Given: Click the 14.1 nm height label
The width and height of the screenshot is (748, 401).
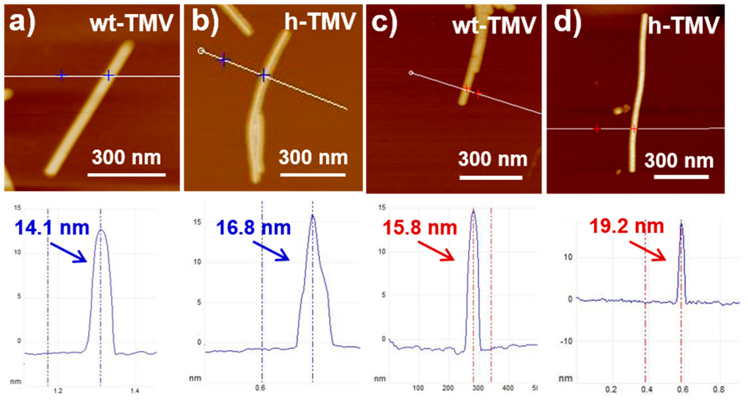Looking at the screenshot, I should [52, 228].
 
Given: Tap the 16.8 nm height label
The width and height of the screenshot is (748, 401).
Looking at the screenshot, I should [253, 228].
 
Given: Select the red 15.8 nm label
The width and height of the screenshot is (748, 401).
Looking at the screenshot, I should [420, 228].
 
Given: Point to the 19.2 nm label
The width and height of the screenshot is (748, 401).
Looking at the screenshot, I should [626, 226].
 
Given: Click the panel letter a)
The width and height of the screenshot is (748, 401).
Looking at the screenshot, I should [22, 22].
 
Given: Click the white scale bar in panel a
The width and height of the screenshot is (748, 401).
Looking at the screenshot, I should [127, 175].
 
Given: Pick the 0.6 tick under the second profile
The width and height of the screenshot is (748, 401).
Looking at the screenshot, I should [260, 388].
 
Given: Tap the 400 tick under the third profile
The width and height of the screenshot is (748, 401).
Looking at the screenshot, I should [508, 388].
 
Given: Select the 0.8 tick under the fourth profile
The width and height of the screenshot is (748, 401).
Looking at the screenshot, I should [718, 389].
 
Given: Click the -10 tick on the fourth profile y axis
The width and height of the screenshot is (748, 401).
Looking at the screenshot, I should [566, 341].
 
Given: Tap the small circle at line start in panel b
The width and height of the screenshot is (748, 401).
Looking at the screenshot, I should [201, 51].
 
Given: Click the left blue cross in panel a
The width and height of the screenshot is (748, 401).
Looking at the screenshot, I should [61, 75].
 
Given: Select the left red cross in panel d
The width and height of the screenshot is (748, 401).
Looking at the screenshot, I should [597, 129].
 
